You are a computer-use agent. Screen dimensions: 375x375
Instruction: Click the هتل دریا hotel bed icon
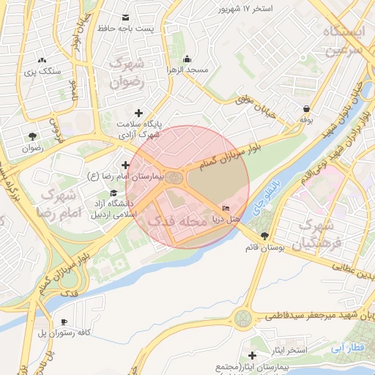coord(224,209)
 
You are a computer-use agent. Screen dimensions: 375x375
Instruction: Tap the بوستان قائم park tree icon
coord(264,236)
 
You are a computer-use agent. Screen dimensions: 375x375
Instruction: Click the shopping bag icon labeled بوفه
coord(305,108)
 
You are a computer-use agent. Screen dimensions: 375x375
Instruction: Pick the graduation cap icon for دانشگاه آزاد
coord(113,193)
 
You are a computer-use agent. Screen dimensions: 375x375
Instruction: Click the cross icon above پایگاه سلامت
coord(139,113)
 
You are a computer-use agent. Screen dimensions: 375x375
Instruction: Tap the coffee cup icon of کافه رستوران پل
coord(64,322)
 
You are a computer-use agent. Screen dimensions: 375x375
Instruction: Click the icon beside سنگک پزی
coord(42,60)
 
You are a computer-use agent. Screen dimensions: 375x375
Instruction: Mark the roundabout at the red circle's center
coord(174,177)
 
